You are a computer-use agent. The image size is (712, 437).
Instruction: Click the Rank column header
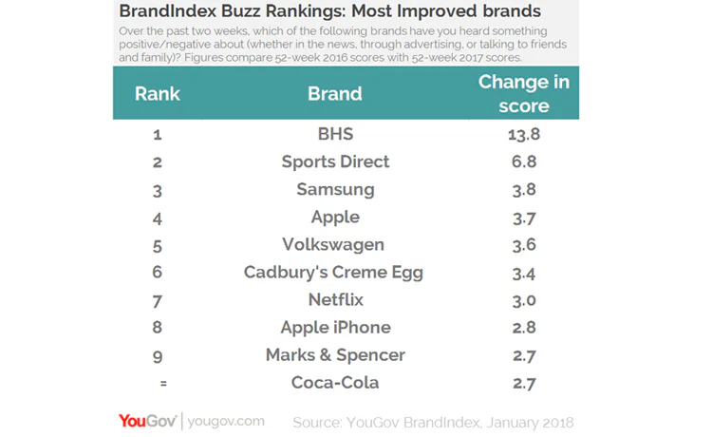coord(158,94)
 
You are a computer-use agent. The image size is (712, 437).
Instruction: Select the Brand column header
coord(335,94)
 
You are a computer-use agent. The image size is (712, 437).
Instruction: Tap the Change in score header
coord(524,93)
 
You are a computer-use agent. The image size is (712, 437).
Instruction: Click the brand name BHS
coord(335,133)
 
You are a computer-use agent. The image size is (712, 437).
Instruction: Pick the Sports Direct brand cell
coord(335,161)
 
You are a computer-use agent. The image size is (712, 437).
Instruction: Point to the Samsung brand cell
coord(335,189)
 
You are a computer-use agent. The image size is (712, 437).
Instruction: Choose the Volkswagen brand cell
coord(335,244)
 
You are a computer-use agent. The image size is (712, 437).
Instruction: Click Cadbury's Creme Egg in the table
coord(333,272)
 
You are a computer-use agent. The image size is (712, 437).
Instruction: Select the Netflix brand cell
coord(335,299)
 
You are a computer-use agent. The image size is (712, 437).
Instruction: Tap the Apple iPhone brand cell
coord(335,328)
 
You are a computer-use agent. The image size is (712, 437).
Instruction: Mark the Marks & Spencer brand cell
coord(335,355)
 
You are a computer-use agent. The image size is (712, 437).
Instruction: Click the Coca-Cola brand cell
coord(335,383)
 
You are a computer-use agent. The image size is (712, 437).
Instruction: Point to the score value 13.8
coord(524,133)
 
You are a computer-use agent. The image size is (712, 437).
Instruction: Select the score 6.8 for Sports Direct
coord(524,161)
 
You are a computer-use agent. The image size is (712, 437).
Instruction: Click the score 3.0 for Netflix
coord(524,299)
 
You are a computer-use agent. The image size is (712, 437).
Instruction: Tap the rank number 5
coord(157,244)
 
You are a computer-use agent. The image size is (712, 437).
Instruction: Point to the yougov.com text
coord(227,421)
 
